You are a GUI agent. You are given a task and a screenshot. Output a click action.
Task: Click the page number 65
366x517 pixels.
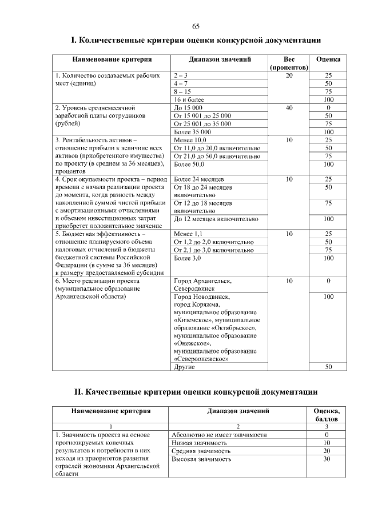click(196, 26)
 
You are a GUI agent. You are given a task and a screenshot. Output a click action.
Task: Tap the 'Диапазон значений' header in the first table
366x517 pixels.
click(220, 59)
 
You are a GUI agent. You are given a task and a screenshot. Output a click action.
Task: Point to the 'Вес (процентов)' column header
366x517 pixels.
click(289, 63)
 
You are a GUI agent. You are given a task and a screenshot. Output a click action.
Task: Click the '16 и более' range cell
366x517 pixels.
click(186, 99)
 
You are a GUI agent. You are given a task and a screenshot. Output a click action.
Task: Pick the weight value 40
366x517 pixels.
click(289, 107)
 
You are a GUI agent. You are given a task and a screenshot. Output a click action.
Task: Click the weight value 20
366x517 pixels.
click(289, 75)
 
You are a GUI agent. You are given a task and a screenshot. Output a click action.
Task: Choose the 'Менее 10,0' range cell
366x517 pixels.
click(189, 139)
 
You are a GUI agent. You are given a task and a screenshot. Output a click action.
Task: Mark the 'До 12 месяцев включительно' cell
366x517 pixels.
click(215, 219)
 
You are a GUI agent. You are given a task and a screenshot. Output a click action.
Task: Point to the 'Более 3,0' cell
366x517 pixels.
click(187, 258)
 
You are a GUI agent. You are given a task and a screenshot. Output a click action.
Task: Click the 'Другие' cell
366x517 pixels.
click(184, 367)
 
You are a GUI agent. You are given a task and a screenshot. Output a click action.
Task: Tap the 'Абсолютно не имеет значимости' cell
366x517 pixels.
click(219, 435)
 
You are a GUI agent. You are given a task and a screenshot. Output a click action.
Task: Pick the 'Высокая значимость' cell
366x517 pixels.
click(201, 459)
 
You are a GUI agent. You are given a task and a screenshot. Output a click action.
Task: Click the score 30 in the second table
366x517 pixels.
click(327, 459)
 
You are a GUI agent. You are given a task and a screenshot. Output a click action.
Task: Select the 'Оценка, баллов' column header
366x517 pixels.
click(327, 414)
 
